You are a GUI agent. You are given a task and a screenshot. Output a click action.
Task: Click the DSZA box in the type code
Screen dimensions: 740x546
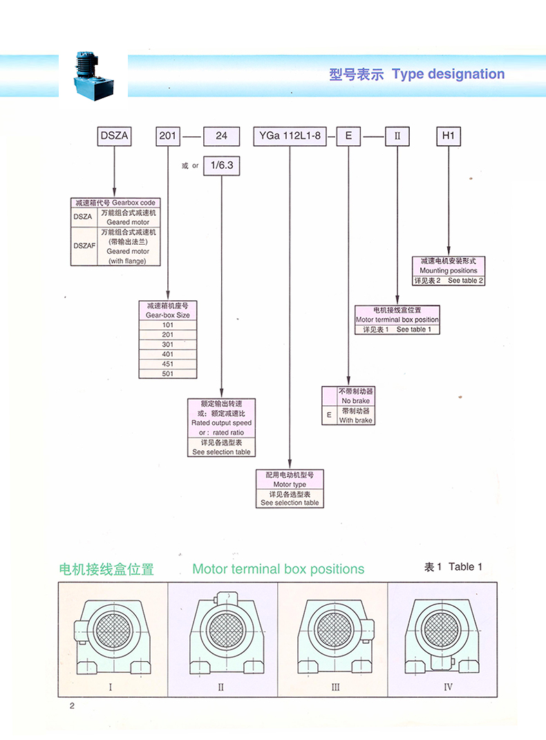(x=113, y=136)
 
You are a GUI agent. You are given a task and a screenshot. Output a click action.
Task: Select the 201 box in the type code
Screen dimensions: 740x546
(x=167, y=136)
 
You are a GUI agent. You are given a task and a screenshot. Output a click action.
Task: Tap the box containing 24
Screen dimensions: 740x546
(x=221, y=136)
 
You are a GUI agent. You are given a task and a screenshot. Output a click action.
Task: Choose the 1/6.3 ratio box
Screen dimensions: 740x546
(x=221, y=165)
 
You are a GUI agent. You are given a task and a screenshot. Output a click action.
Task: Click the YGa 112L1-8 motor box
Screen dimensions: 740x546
(x=290, y=136)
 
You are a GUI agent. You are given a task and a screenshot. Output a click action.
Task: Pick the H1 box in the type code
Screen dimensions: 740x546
(x=449, y=136)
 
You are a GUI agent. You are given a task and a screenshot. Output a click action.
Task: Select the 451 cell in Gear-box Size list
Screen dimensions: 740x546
(x=168, y=364)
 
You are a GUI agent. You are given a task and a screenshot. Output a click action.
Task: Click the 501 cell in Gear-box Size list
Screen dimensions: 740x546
(x=168, y=373)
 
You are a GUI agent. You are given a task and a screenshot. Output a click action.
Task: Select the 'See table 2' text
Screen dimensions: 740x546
(x=466, y=281)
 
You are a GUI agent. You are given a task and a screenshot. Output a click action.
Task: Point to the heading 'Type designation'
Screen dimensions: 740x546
(x=448, y=74)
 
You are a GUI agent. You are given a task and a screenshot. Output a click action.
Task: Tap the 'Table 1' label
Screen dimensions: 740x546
(x=466, y=567)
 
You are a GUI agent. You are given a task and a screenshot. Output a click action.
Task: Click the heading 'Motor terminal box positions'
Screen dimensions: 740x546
(x=278, y=569)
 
